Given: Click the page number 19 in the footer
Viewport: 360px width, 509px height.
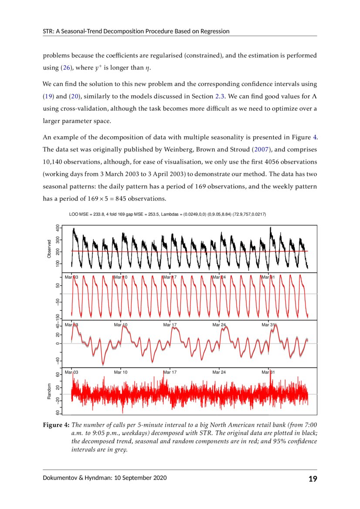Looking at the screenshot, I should pyautogui.click(x=312, y=479).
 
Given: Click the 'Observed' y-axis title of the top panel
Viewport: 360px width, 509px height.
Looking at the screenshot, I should pyautogui.click(x=49, y=249).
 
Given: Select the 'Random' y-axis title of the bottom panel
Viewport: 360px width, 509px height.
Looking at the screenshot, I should pyautogui.click(x=49, y=391).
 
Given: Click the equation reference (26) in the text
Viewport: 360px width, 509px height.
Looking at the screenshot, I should pyautogui.click(x=65, y=67).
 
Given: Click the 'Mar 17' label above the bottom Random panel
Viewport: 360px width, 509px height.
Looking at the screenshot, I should pyautogui.click(x=170, y=372).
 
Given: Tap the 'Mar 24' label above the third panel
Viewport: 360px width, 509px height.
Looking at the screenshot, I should pyautogui.click(x=219, y=325).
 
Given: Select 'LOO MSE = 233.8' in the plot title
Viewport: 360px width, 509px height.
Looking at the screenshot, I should pyautogui.click(x=86, y=215).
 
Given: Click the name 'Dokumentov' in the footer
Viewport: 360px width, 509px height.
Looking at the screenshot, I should pyautogui.click(x=60, y=478).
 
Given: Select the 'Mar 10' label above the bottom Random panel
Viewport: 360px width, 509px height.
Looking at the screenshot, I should pyautogui.click(x=121, y=372).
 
